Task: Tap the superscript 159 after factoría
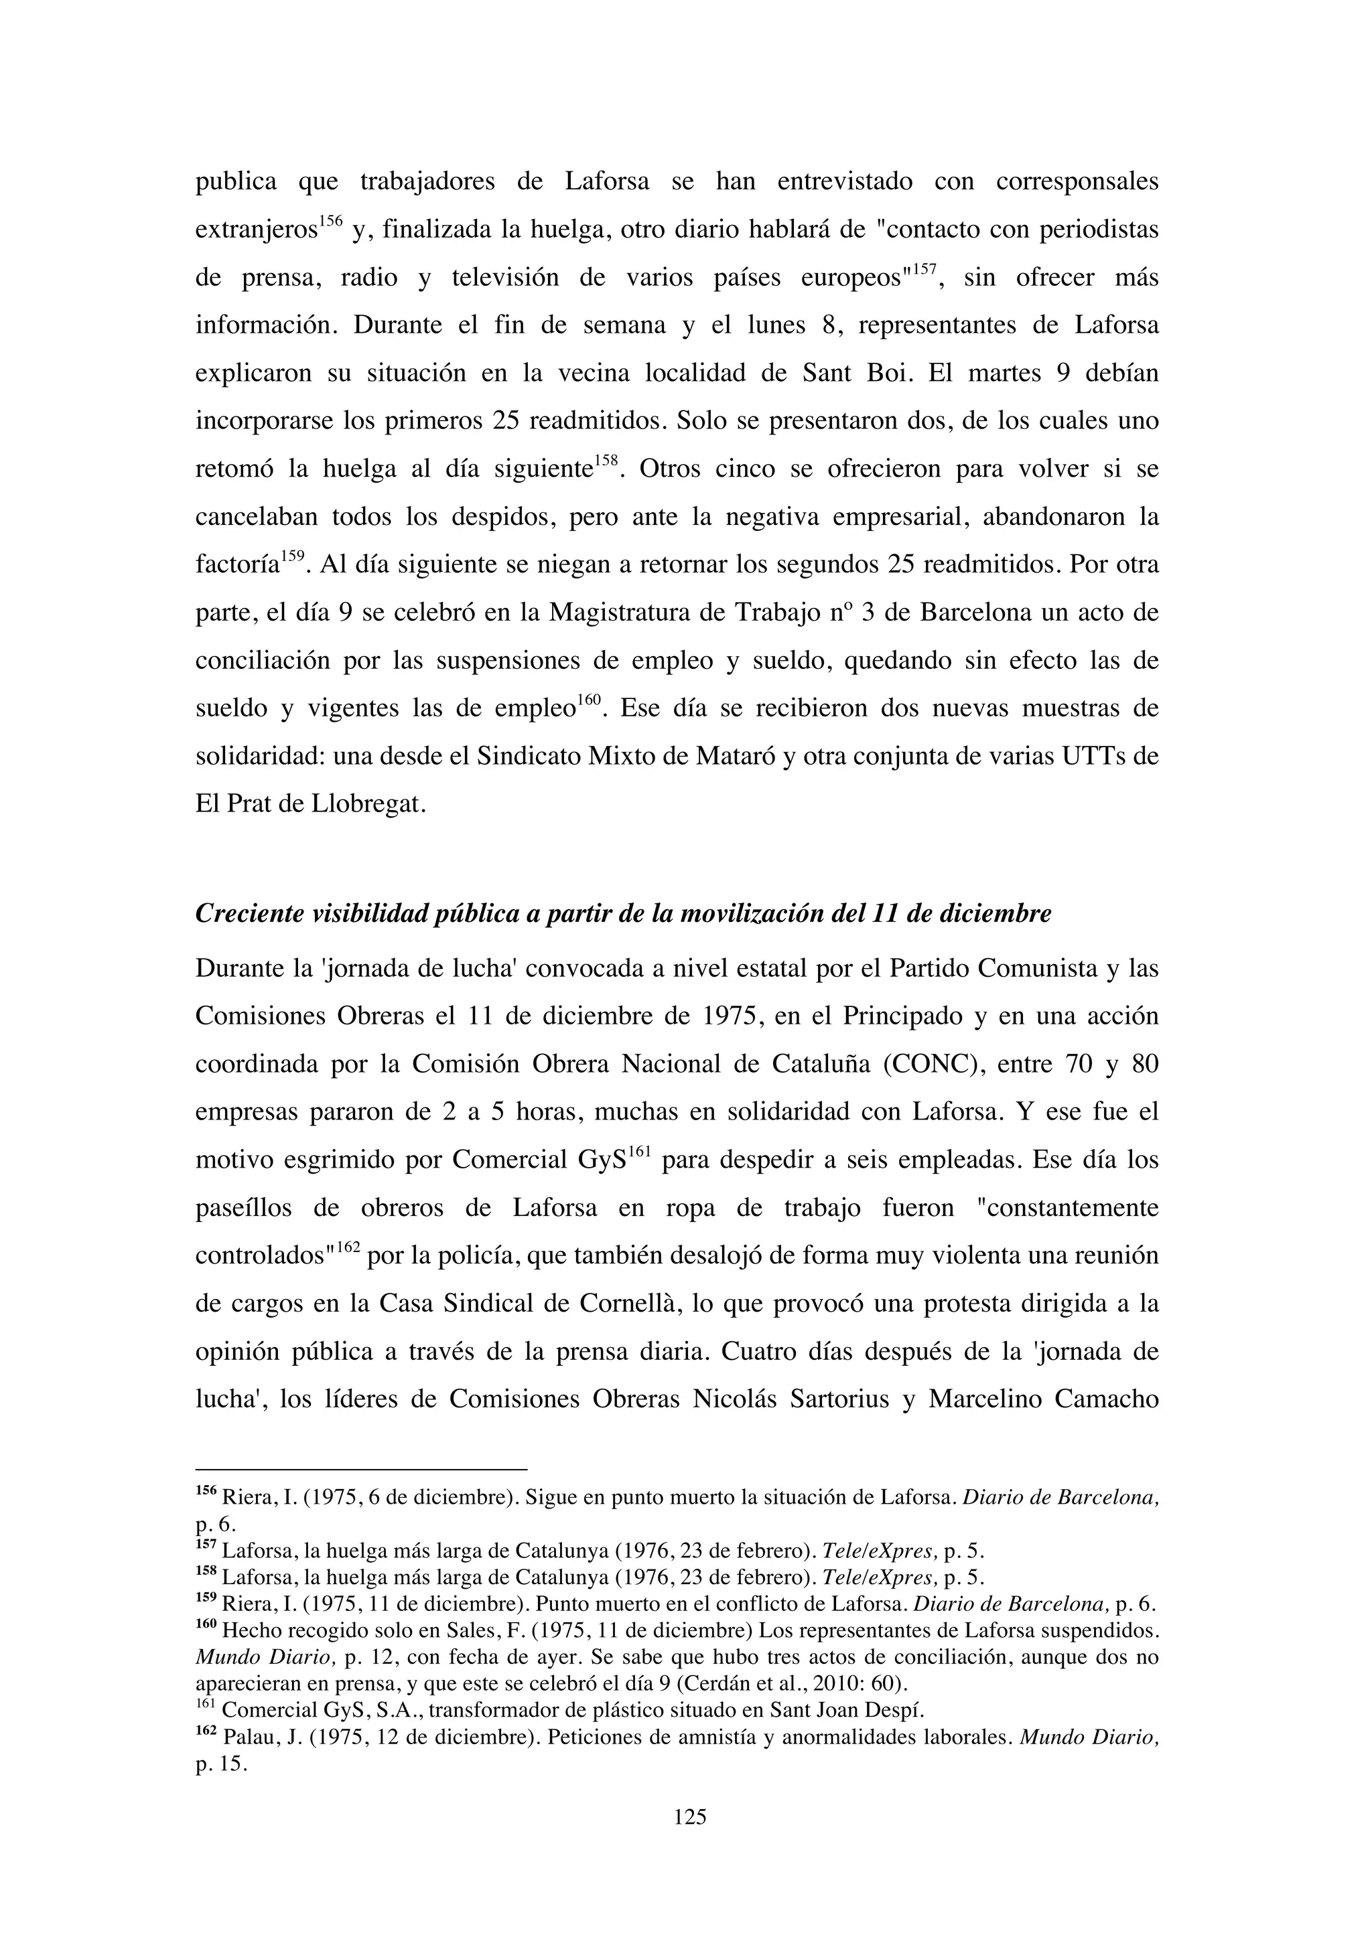pyautogui.click(x=292, y=557)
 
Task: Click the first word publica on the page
pyautogui.click(x=236, y=182)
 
